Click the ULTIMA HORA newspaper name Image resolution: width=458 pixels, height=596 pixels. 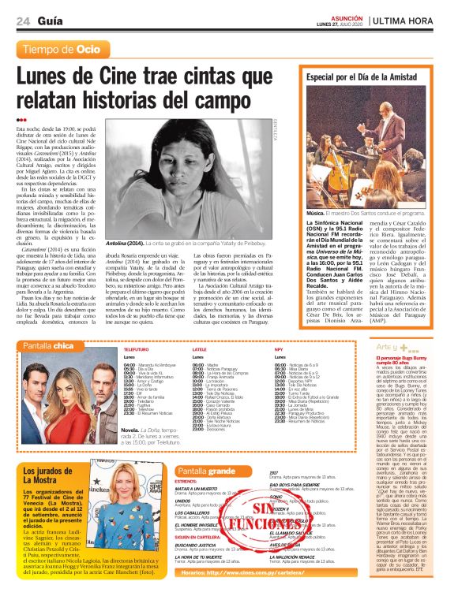coord(406,20)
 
